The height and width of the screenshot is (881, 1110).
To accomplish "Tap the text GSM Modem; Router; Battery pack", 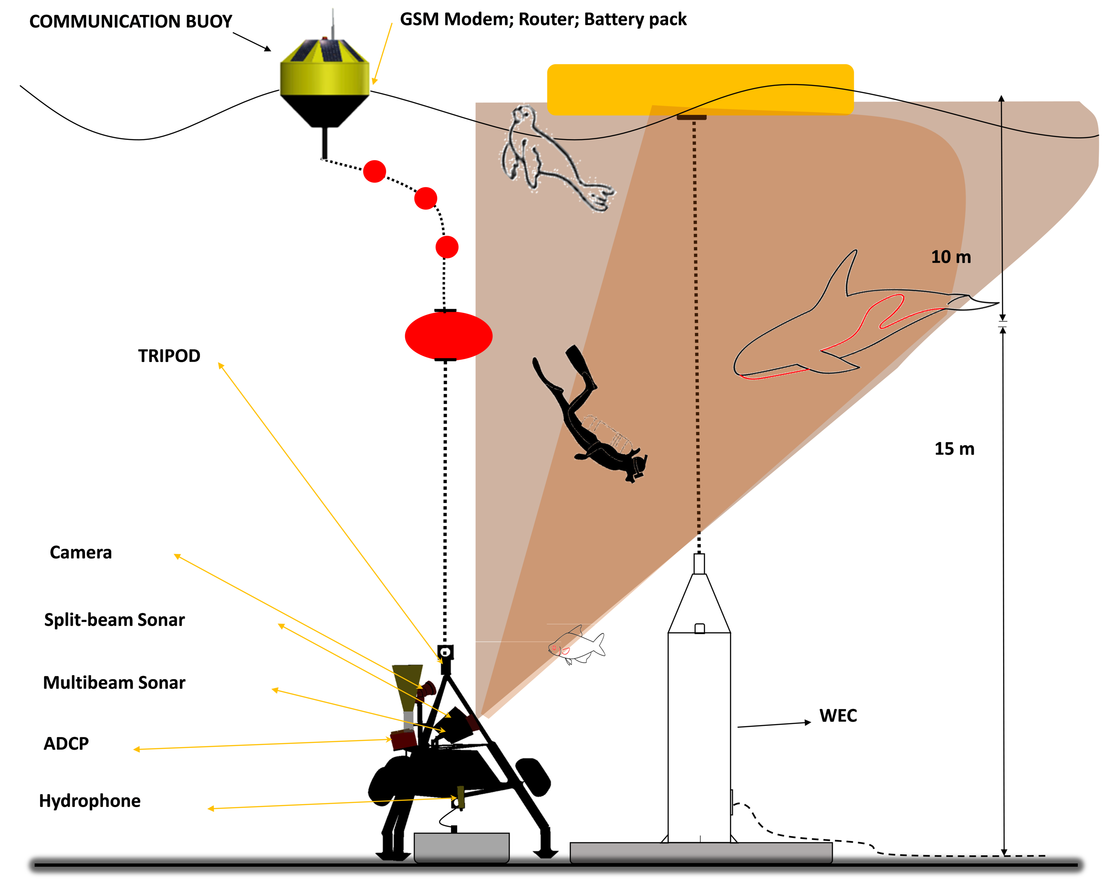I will [543, 19].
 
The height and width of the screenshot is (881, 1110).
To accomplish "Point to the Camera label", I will [81, 552].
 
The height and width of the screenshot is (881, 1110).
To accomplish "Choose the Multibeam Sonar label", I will [114, 683].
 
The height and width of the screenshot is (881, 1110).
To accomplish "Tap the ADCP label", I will [66, 743].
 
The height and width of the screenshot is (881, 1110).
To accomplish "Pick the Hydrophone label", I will [90, 801].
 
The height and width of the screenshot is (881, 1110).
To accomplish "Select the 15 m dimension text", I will [954, 448].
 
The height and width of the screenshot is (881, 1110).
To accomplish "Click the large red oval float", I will [448, 335].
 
